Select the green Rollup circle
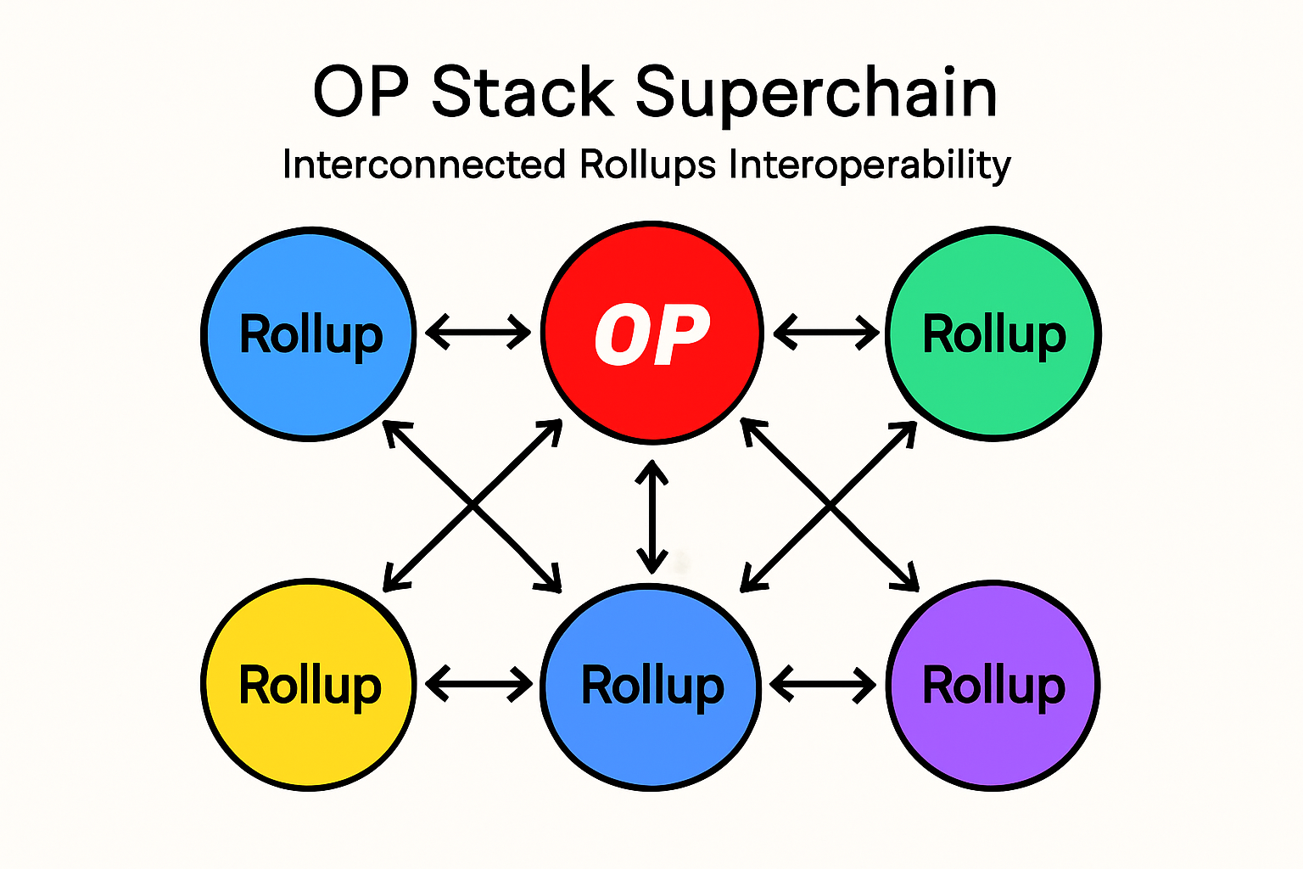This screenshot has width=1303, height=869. [993, 390]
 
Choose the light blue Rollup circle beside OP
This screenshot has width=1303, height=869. [310, 390]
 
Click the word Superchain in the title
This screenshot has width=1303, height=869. [816, 93]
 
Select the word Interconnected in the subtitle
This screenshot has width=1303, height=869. [423, 165]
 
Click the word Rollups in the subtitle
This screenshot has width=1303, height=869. [648, 165]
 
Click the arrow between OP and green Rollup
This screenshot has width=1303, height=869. [826, 331]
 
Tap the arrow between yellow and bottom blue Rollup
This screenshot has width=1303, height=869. [478, 683]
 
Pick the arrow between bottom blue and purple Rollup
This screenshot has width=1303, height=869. [823, 683]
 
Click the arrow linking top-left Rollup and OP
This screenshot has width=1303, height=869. [478, 331]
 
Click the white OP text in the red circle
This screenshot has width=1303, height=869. [651, 335]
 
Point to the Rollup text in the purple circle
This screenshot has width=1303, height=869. [993, 686]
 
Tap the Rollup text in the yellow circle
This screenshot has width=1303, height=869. [310, 686]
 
